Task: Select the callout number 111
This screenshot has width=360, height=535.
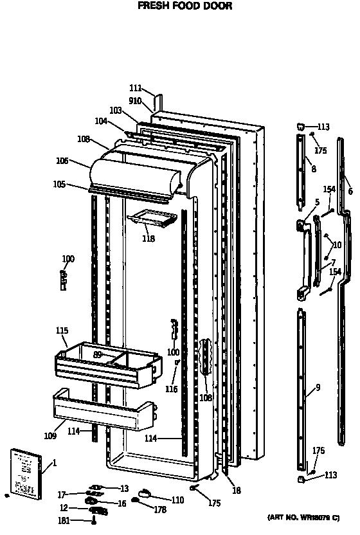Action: pyautogui.click(x=135, y=89)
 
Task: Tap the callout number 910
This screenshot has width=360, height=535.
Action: pyautogui.click(x=135, y=100)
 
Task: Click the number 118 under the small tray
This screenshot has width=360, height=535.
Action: pyautogui.click(x=149, y=239)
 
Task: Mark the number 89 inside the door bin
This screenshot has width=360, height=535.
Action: pyautogui.click(x=98, y=354)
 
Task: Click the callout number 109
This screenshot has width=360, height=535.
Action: pyautogui.click(x=51, y=436)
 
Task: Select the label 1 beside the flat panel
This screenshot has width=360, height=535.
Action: pyautogui.click(x=55, y=462)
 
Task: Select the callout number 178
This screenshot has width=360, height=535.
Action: pyautogui.click(x=161, y=510)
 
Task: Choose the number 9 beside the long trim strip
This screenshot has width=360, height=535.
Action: pyautogui.click(x=318, y=387)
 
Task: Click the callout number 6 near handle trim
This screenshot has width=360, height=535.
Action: pyautogui.click(x=350, y=191)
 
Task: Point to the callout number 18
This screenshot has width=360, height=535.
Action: pyautogui.click(x=237, y=491)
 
